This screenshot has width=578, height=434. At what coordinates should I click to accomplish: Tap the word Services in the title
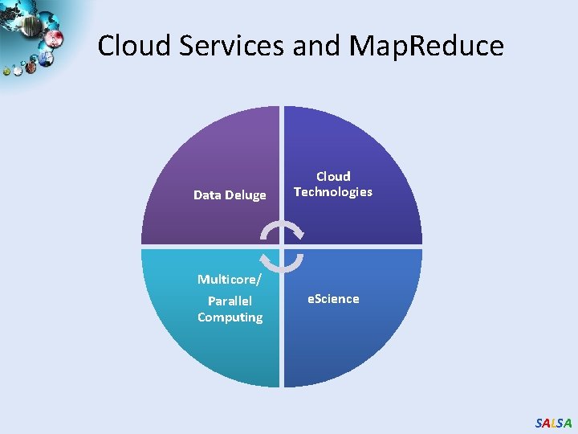click(x=232, y=46)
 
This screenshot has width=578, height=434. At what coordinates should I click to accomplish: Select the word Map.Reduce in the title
click(x=427, y=46)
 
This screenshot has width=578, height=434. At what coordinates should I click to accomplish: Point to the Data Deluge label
click(x=230, y=194)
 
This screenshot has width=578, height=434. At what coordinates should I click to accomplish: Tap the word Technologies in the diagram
click(x=333, y=192)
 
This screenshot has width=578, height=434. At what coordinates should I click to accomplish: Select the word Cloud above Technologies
click(x=333, y=176)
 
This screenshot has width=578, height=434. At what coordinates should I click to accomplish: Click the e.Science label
click(x=333, y=299)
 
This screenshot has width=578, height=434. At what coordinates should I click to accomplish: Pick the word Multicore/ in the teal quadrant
click(x=230, y=280)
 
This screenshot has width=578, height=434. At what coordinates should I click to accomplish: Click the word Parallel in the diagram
click(x=230, y=301)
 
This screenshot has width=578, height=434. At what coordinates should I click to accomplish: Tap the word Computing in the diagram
click(x=230, y=317)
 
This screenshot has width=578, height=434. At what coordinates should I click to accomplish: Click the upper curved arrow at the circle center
click(x=282, y=231)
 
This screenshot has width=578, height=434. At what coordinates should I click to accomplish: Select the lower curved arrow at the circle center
click(x=282, y=263)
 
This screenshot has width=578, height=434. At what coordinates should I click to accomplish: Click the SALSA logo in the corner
click(x=553, y=423)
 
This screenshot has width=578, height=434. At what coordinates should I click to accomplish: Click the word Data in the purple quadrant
click(x=207, y=194)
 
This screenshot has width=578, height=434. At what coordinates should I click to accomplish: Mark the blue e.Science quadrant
click(x=353, y=338)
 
